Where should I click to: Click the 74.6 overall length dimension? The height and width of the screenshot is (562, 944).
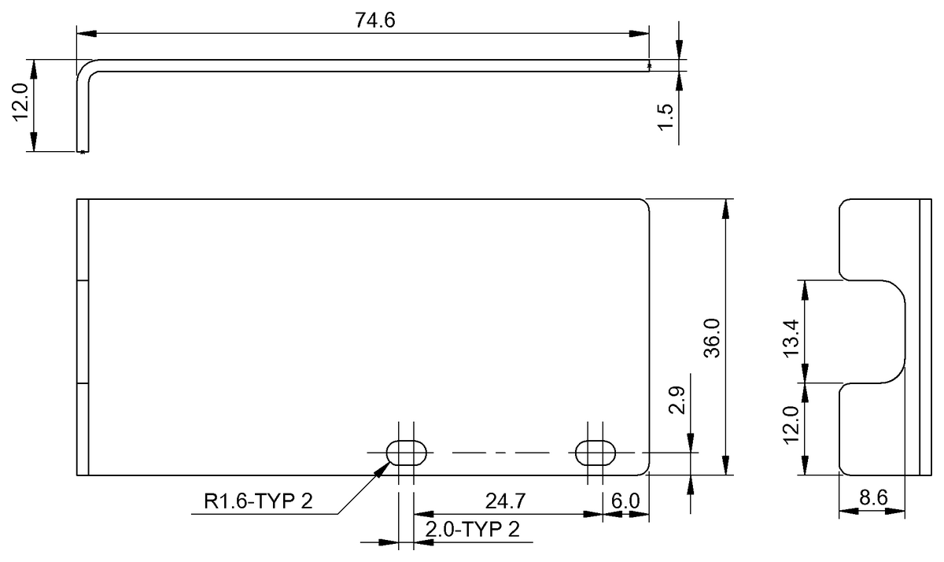click(374, 20)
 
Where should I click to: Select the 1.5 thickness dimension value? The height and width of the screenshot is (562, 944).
click(666, 117)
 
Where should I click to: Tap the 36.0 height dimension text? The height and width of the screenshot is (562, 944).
click(712, 338)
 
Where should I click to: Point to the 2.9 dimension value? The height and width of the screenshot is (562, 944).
click(677, 401)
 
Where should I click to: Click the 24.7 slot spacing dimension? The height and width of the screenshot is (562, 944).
click(505, 501)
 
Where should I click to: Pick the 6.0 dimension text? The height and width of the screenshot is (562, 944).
click(625, 501)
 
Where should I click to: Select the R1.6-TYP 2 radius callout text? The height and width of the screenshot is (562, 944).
click(258, 501)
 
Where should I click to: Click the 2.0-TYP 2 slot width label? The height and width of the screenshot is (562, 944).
click(473, 530)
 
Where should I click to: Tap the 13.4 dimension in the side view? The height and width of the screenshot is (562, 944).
click(791, 338)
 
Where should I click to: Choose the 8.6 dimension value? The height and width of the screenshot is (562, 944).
click(873, 497)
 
